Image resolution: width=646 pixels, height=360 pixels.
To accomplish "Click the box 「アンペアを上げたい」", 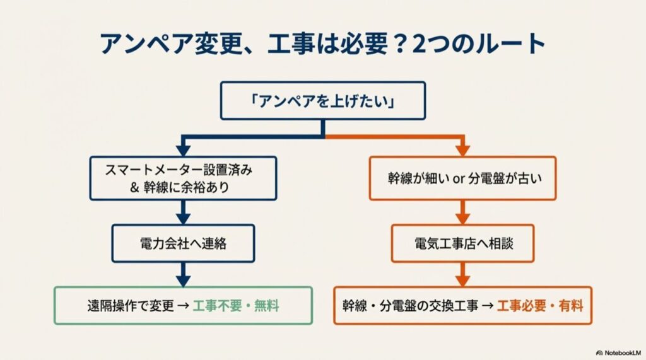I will tap(322, 100).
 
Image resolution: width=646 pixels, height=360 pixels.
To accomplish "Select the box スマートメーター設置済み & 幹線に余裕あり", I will tap(183, 178).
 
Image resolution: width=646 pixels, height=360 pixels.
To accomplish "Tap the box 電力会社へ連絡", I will tap(183, 243).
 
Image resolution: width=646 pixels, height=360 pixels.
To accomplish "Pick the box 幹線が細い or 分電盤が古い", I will tap(462, 178).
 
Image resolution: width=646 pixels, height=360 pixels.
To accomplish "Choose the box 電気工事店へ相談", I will tap(462, 243).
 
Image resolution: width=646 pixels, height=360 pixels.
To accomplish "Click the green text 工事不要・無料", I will tap(236, 306).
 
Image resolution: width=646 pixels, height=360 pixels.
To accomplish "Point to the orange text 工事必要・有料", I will tap(540, 306).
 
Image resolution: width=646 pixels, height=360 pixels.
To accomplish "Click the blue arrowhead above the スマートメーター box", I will tap(183, 150).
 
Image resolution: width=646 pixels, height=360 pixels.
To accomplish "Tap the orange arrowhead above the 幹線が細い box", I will tap(462, 150).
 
